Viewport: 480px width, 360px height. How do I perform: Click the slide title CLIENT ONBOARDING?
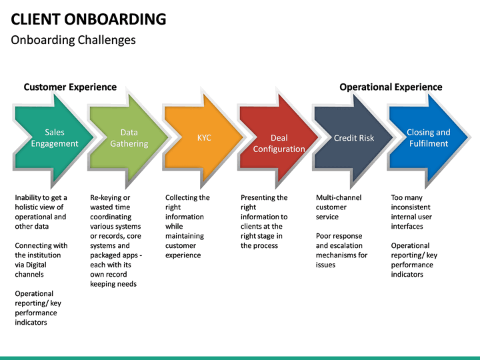[x=89, y=19]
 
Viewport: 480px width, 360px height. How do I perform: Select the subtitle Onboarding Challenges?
[x=73, y=40]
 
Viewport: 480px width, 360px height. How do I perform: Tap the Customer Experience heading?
[x=70, y=87]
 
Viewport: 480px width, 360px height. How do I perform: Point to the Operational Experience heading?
[x=391, y=87]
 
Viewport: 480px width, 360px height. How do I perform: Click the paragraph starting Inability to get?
[x=41, y=212]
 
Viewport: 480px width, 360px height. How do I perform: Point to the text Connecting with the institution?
[x=41, y=260]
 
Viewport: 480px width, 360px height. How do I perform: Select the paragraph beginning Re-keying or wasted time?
[x=116, y=241]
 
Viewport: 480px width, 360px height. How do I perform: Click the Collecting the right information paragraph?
[x=187, y=226]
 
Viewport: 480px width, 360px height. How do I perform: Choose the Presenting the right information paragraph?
[x=264, y=221]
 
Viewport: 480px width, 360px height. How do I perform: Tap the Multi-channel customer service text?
[x=339, y=207]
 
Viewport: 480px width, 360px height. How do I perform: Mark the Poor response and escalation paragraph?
[x=341, y=250]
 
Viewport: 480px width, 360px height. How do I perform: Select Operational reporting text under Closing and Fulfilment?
[x=414, y=260]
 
